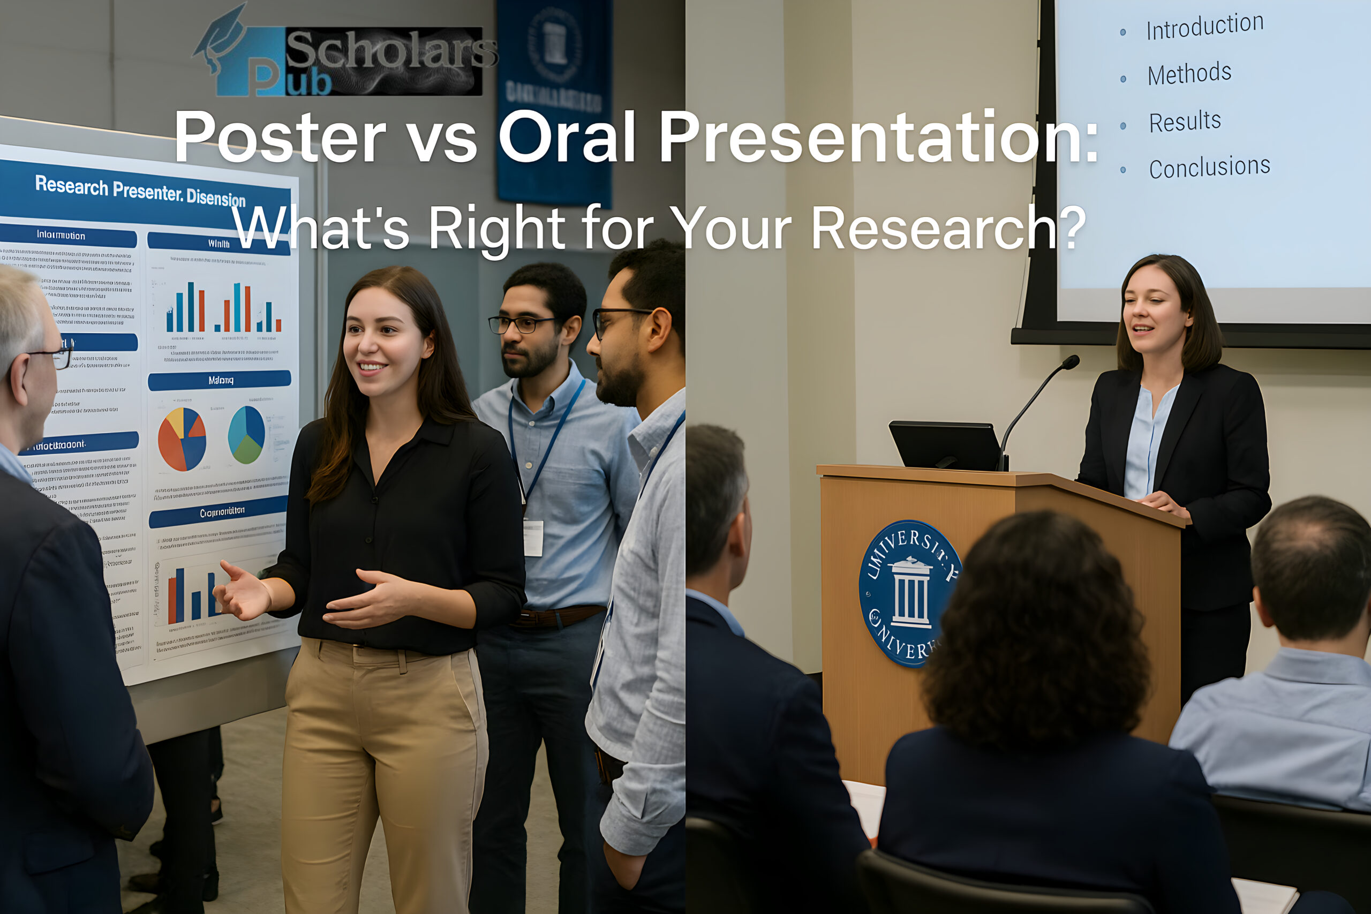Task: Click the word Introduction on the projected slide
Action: pyautogui.click(x=1204, y=26)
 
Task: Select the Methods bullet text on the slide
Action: pyautogui.click(x=1189, y=74)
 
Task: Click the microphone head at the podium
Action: pyautogui.click(x=1070, y=362)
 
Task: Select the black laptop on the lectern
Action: pyautogui.click(x=944, y=445)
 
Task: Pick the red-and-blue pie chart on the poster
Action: pyautogui.click(x=182, y=439)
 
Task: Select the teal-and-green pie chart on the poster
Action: pyautogui.click(x=246, y=434)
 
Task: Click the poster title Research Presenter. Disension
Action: pyautogui.click(x=140, y=191)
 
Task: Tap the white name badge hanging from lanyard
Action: pyautogui.click(x=533, y=538)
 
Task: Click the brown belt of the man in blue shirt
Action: pyautogui.click(x=560, y=616)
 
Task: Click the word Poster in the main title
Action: pyautogui.click(x=280, y=137)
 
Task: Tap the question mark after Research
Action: pyautogui.click(x=1072, y=229)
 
